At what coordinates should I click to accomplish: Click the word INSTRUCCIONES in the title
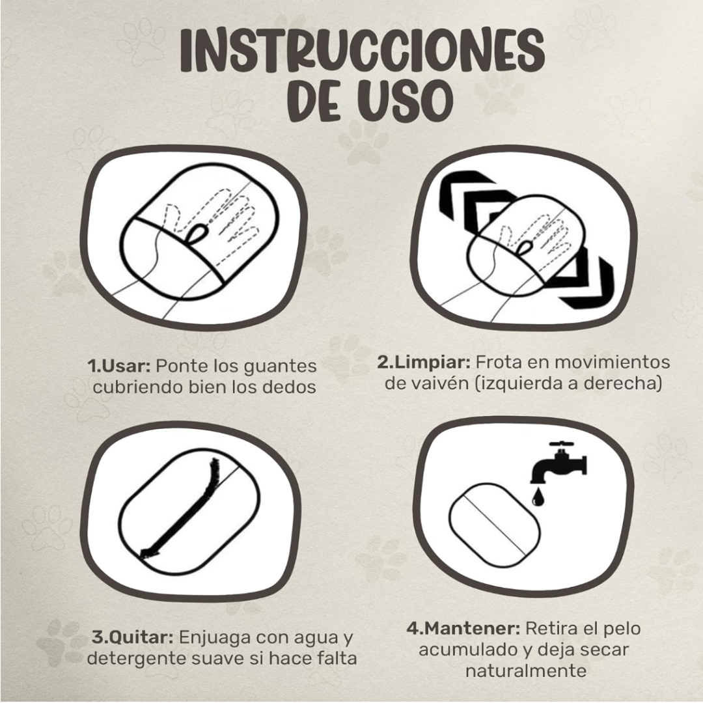click(363, 51)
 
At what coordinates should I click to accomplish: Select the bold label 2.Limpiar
click(424, 363)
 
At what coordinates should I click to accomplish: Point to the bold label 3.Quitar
click(133, 637)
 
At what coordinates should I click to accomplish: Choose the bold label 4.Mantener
click(463, 628)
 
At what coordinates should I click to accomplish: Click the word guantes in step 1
click(280, 367)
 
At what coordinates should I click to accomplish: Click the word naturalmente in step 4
click(526, 670)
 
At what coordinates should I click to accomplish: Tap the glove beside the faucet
click(495, 525)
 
